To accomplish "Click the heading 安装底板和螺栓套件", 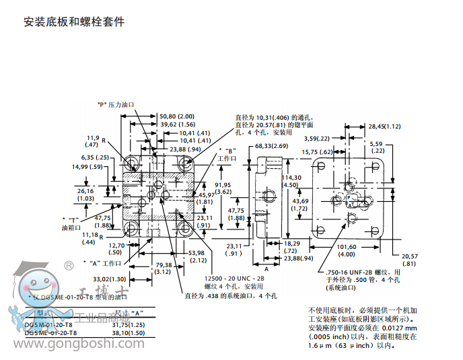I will pos(74,22).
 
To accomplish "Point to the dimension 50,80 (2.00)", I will pos(176,116).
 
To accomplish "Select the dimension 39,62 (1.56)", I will pos(177,124).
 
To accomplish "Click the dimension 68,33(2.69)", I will pos(271,146).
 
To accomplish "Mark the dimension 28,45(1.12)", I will pos(384,126).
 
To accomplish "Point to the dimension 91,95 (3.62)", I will pos(223,188).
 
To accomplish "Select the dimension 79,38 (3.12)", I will pos(164,268).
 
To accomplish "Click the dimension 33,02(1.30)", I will pos(110,279).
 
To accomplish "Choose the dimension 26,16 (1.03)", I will pos(85,194).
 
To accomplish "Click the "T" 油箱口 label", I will pos(71,223).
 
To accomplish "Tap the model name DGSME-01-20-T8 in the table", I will pos(50,333).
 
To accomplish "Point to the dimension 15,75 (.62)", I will pos(317,152).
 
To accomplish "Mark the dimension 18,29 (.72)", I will pos(291,247).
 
